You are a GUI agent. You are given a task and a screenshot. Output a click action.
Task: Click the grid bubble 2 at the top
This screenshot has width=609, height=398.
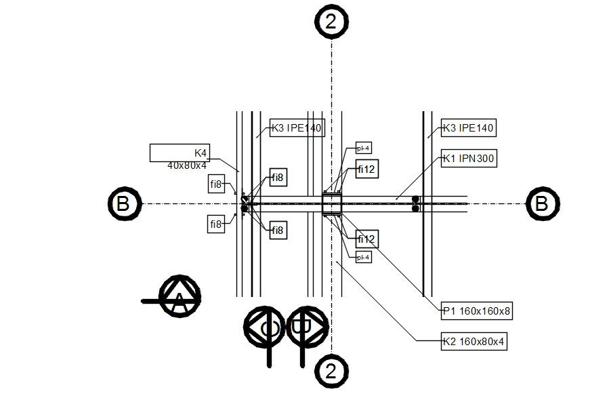pos(331,22)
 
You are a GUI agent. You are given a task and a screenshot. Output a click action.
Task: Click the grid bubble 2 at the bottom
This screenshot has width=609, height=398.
pos(331,371)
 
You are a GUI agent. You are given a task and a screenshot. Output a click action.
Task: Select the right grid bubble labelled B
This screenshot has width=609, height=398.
pos(543,203)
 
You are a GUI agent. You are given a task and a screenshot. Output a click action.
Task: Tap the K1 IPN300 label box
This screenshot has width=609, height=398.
pos(469,159)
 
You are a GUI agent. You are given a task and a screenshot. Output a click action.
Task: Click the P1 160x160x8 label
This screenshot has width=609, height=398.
pos(476,312)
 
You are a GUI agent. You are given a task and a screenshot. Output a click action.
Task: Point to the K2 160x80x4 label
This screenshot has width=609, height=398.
pos(473,342)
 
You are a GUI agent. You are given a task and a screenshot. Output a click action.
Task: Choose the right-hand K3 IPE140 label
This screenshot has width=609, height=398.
pos(469,127)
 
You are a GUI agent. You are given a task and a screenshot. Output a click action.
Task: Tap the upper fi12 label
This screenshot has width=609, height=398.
pos(366,169)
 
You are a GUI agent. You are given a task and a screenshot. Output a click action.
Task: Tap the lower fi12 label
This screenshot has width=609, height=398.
pos(366,239)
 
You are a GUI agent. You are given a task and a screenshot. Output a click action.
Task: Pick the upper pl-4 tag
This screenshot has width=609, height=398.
pos(364,148)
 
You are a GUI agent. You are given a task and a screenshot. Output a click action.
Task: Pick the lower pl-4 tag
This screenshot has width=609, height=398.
pos(364,257)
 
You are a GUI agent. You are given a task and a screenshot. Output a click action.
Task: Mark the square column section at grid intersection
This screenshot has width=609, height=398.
pos(331,203)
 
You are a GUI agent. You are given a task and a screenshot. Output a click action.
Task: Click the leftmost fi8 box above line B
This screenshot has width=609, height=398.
pos(217,183)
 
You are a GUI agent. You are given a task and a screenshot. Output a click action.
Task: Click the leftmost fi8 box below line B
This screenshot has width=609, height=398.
pos(217,224)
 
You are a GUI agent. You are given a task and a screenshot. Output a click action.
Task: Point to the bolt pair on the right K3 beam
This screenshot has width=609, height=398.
pos(416,203)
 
